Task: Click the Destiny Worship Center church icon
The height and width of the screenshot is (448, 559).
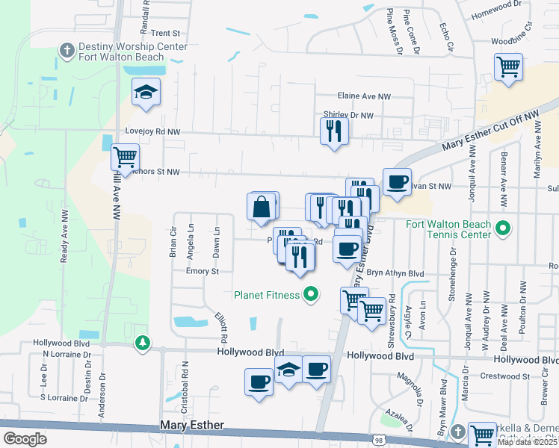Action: pos(67,51)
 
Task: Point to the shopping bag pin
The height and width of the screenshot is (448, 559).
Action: pos(262,208)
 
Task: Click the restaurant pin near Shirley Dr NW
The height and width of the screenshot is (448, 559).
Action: pos(333,131)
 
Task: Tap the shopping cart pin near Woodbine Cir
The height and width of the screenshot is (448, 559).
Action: pos(508,66)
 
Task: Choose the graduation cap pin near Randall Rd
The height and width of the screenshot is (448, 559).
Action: pos(146,93)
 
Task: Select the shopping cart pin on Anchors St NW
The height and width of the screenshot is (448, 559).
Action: pos(125,158)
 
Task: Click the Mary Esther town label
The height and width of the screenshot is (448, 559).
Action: pos(192,425)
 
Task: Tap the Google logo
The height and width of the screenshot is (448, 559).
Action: pos(24,439)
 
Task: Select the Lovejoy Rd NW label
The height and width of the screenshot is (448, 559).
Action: pos(152,131)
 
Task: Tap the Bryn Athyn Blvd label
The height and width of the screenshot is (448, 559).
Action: pos(395,274)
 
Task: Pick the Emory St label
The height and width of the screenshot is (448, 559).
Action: pos(202,271)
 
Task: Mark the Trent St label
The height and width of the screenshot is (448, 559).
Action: pos(166,34)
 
